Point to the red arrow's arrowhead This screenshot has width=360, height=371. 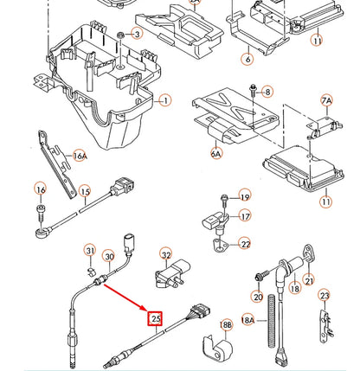[x=147, y=310]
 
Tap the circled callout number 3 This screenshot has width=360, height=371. [x=136, y=34]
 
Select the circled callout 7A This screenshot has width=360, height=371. [x=326, y=101]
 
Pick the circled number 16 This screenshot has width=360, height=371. [x=41, y=189]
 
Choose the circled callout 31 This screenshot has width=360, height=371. [x=90, y=251]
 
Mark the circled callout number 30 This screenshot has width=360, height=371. [x=109, y=257]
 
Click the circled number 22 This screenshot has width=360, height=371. [x=245, y=245]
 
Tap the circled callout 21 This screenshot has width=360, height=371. [x=309, y=281]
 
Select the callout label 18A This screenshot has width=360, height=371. [x=247, y=320]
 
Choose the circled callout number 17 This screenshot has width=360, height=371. [x=245, y=216]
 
